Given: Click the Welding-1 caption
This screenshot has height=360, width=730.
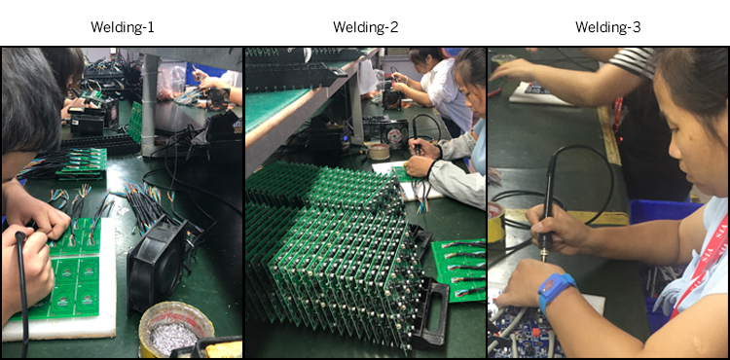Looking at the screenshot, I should coord(122,26).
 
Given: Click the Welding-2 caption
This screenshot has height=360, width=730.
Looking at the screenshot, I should coord(365,26).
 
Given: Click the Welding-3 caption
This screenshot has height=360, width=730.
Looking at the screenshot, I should coord(607,26).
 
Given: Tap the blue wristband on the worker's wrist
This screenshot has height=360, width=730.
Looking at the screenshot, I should coord(556,290).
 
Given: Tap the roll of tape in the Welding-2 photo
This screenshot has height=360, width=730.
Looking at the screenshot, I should coord(377,151).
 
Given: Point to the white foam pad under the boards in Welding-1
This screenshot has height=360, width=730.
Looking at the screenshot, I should coord(58,326).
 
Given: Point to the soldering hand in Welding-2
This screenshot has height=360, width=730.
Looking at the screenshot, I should coord(421,162).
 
